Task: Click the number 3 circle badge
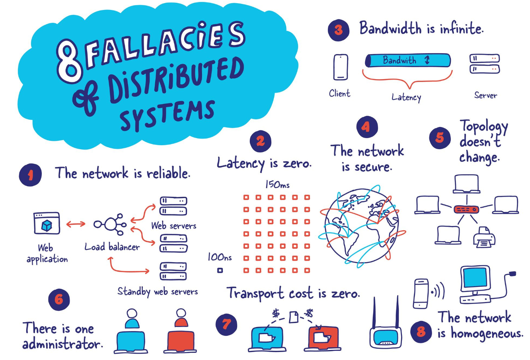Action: (338, 30)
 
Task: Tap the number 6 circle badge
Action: (59, 299)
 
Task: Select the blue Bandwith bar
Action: (407, 60)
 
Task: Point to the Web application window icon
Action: (47, 223)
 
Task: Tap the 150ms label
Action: (277, 185)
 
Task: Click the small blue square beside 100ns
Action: (220, 270)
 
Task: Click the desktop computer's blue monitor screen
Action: (475, 278)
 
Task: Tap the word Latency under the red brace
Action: (406, 97)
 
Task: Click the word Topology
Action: (484, 126)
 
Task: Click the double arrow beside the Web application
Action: (76, 224)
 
